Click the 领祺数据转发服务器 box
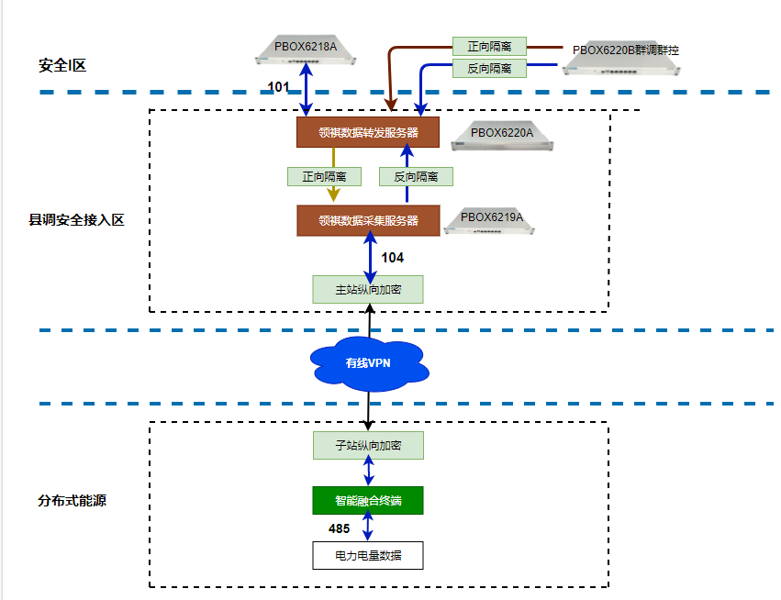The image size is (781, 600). [x=368, y=132]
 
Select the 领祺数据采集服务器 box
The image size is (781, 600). [x=368, y=220]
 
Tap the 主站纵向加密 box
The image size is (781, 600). [x=368, y=289]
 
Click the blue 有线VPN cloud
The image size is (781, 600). [x=368, y=362]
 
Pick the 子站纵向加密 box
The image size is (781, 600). [x=368, y=445]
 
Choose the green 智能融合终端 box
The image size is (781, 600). [x=368, y=500]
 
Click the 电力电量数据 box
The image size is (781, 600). [x=368, y=555]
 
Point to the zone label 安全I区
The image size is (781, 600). [x=62, y=65]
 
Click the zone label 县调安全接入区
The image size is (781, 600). [x=76, y=220]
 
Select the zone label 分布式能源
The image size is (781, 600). [x=73, y=501]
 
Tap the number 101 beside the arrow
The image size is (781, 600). [x=278, y=87]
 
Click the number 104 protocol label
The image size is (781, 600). [x=392, y=258]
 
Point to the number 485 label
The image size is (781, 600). [x=340, y=528]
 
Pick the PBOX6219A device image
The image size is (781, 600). [x=491, y=220]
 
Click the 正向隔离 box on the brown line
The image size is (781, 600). [x=489, y=46]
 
